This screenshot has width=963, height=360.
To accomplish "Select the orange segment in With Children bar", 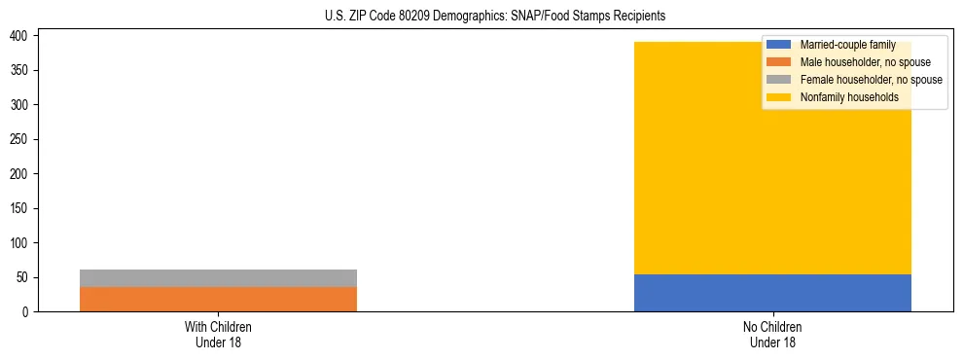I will [218, 299].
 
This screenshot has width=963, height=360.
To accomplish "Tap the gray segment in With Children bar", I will [218, 277].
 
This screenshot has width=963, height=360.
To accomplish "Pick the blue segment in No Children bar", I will [772, 293].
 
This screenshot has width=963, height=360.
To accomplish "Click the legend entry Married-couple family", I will [846, 45].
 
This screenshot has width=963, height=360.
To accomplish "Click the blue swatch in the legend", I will [778, 45].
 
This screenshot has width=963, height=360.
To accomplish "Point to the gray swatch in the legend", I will [778, 80].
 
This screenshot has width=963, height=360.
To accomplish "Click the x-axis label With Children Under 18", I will [218, 334].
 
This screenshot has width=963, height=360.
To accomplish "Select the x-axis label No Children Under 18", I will [772, 334].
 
